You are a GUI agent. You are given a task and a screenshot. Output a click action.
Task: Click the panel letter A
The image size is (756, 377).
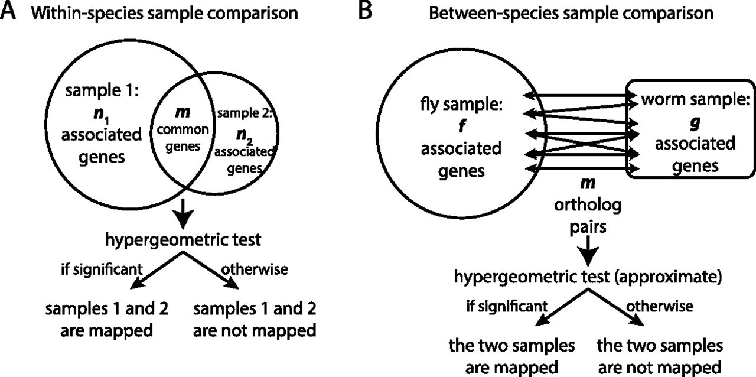coord(11,13)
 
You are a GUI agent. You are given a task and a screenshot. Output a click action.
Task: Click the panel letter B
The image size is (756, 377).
coord(366,13)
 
